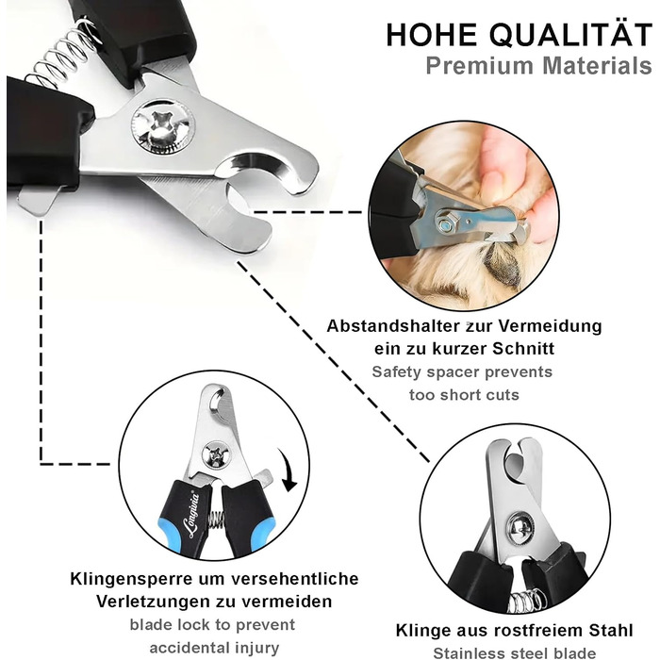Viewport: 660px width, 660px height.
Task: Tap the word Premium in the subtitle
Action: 479,66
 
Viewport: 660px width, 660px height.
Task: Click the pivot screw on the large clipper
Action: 163,126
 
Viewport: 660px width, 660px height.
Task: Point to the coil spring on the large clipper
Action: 63,54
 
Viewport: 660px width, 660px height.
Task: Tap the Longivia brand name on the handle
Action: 192,515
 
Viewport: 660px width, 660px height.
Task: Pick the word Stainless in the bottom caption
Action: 468,653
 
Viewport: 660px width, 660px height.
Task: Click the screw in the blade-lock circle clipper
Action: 215,454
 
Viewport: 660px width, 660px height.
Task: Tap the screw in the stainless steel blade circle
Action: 520,527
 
